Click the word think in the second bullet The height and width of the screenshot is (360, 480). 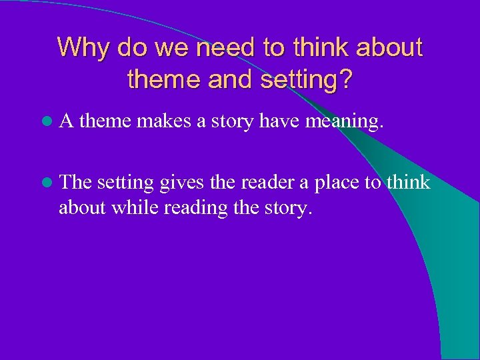tap(409, 182)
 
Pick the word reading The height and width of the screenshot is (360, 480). tap(191, 209)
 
